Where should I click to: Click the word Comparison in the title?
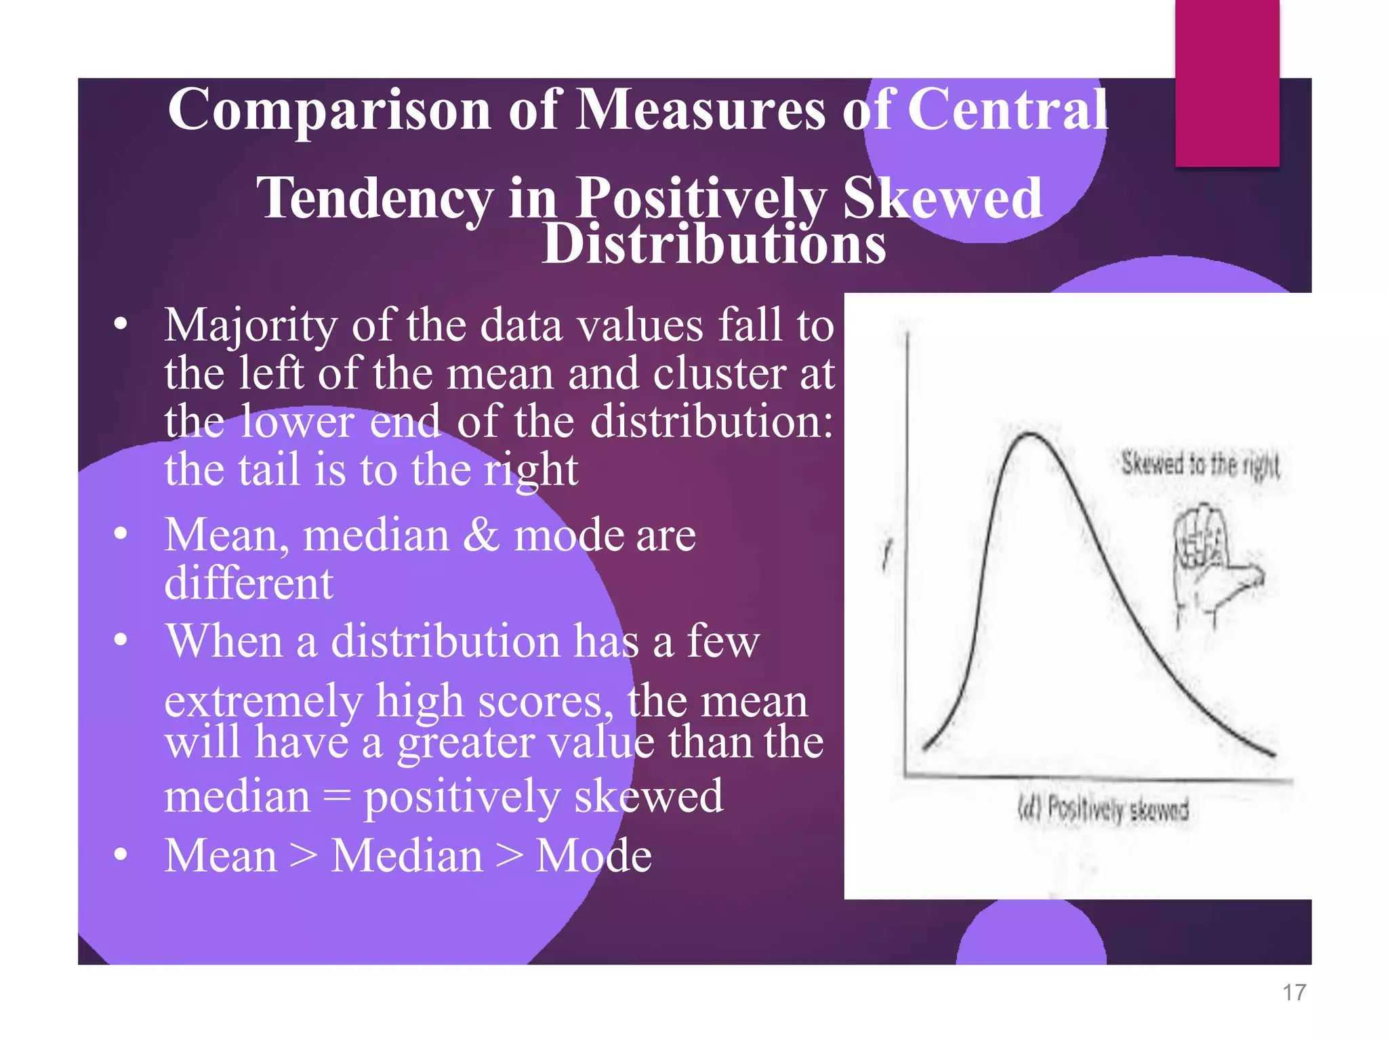(329, 110)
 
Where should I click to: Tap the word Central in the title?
(1007, 110)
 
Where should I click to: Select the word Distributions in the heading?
(714, 244)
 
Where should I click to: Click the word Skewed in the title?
(942, 198)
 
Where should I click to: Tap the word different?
(249, 583)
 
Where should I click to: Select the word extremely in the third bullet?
(263, 701)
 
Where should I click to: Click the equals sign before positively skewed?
(337, 797)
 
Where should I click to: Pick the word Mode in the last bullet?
(594, 856)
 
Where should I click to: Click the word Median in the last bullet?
(407, 856)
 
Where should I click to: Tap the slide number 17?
(1294, 993)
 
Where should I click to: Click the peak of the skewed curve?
(1030, 434)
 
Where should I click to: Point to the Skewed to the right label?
(1200, 465)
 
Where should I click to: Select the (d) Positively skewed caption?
(1103, 809)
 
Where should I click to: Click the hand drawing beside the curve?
(1213, 563)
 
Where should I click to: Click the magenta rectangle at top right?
(1227, 83)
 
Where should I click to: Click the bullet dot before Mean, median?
(121, 534)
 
